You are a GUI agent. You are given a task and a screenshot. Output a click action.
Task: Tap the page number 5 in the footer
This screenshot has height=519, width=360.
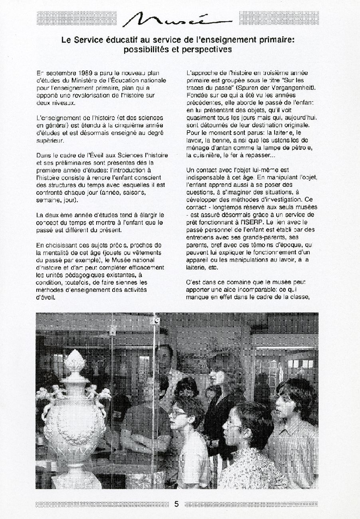pyautogui.click(x=177, y=504)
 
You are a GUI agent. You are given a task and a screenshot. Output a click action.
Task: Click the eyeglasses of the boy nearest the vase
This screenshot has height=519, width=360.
pyautogui.click(x=178, y=415)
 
